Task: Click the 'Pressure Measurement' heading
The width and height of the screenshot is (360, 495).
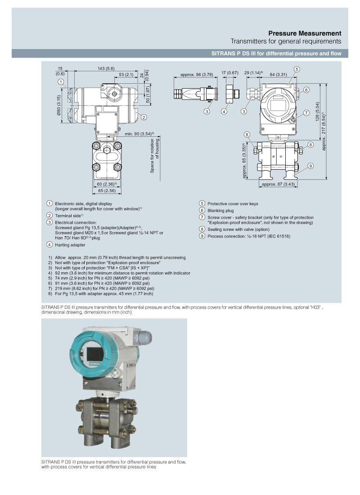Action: pyautogui.click(x=305, y=33)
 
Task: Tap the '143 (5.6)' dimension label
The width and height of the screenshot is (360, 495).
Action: pyautogui.click(x=106, y=68)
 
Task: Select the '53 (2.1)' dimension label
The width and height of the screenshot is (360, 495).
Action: pyautogui.click(x=126, y=75)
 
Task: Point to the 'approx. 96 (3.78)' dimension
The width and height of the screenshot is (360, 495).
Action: pyautogui.click(x=196, y=75)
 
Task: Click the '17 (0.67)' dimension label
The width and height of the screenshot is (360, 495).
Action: pyautogui.click(x=230, y=73)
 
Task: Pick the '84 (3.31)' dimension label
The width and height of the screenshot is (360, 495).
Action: pyautogui.click(x=278, y=75)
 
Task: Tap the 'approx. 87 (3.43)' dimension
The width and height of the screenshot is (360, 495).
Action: pyautogui.click(x=278, y=184)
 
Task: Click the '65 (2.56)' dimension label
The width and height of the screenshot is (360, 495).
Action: pyautogui.click(x=107, y=191)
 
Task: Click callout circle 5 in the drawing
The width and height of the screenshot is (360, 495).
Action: pyautogui.click(x=297, y=69)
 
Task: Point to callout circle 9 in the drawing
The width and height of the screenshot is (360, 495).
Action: pyautogui.click(x=311, y=166)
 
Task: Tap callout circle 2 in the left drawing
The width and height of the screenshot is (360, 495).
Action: pyautogui.click(x=144, y=117)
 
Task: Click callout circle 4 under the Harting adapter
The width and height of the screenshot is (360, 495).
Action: pyautogui.click(x=224, y=112)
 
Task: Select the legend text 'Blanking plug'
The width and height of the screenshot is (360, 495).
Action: pyautogui.click(x=220, y=211)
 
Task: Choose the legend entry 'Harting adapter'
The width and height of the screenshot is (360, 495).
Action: pyautogui.click(x=70, y=245)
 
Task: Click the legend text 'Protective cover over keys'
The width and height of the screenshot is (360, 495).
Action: pyautogui.click(x=233, y=204)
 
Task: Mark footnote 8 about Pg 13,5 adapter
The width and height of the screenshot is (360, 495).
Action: pyautogui.click(x=101, y=293)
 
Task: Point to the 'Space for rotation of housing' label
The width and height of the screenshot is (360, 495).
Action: pyautogui.click(x=154, y=156)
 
